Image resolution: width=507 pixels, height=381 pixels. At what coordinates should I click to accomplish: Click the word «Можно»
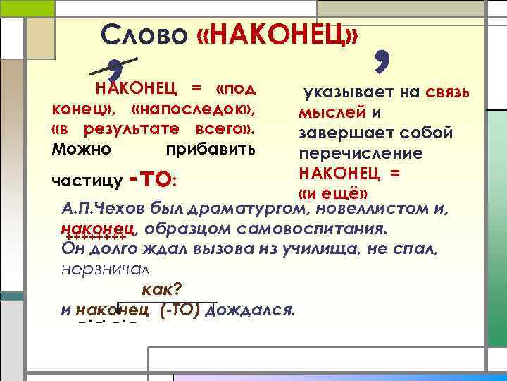tap(81, 150)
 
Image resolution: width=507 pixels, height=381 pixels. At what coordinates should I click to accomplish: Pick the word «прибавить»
tap(211, 150)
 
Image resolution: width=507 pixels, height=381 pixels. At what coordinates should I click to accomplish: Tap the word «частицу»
tap(88, 182)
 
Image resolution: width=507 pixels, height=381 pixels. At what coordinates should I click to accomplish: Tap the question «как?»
tap(162, 289)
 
